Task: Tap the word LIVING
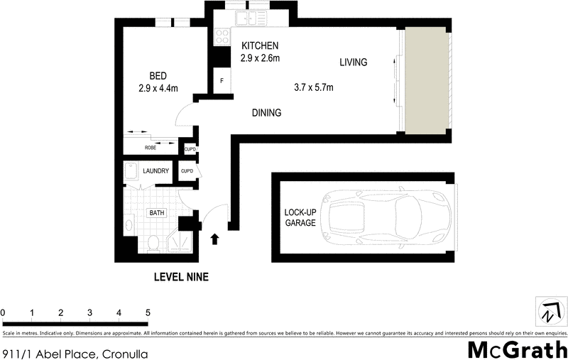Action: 353,62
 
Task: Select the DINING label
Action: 268,113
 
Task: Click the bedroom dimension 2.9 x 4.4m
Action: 158,88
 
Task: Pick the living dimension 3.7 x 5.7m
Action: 314,88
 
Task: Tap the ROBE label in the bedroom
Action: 151,148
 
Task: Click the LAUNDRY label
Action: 155,171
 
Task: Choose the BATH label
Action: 156,212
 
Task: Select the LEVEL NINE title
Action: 181,278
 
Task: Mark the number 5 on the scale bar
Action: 148,312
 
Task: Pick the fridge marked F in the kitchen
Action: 222,81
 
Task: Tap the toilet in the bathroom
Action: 153,243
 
